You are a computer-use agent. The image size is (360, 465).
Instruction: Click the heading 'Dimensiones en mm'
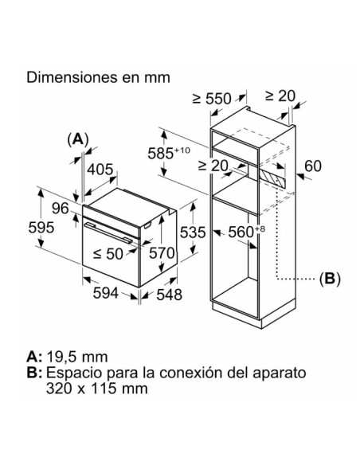point(98,77)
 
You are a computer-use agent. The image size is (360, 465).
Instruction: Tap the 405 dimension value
point(100,170)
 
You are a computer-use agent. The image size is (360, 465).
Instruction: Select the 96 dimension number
point(61,208)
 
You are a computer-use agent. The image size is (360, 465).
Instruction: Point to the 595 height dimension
point(41,228)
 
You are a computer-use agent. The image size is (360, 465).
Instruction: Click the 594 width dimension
point(106,293)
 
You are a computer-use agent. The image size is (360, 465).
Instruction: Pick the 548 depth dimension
point(170,295)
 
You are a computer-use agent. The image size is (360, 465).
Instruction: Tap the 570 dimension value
point(162,253)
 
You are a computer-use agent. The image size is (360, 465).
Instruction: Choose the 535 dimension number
point(193,232)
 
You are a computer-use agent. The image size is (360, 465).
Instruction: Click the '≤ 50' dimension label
point(108,254)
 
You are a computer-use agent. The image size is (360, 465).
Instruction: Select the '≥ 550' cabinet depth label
point(212,99)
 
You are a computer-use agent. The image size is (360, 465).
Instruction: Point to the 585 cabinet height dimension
point(169,154)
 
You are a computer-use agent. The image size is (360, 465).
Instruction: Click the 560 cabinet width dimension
point(246,232)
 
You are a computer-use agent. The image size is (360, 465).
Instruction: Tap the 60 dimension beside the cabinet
point(313,166)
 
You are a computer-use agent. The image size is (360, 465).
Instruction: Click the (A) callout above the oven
point(78,139)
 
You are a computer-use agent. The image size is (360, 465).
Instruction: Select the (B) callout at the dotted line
point(330,279)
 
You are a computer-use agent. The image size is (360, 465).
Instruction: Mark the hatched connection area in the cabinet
point(272,179)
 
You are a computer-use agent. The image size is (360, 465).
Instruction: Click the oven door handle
point(108,232)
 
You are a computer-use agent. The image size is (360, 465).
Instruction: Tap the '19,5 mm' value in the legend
point(77,357)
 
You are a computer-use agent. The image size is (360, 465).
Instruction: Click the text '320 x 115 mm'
point(97,389)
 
